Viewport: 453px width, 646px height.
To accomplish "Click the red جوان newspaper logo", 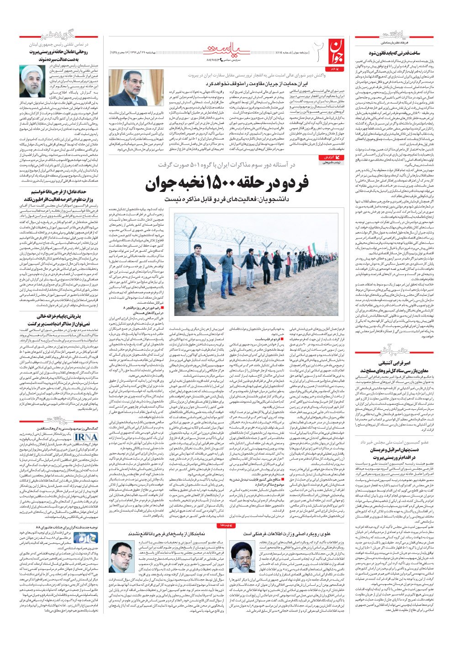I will (x=336, y=50).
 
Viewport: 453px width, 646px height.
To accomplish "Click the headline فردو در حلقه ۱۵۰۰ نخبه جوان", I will (x=227, y=184).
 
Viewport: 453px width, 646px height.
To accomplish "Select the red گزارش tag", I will (x=332, y=157).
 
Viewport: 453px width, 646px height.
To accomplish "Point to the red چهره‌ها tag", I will (x=227, y=525).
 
